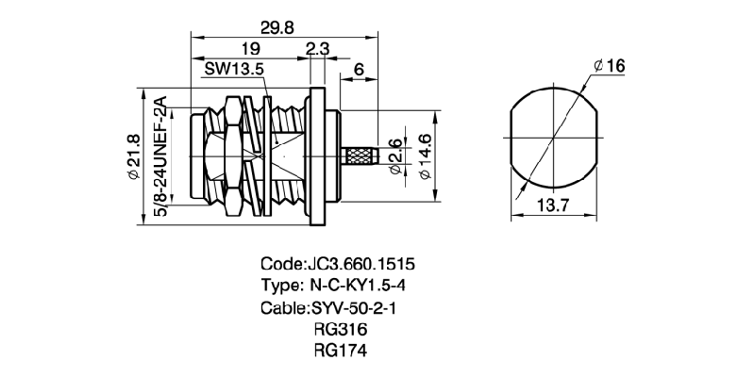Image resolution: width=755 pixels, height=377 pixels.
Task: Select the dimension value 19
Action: pyautogui.click(x=250, y=49)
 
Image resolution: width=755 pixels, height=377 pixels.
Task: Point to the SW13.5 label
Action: pyautogui.click(x=234, y=69)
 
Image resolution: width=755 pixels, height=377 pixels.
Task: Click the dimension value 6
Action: pyautogui.click(x=360, y=69)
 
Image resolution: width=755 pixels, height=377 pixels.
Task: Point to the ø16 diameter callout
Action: pyautogui.click(x=610, y=65)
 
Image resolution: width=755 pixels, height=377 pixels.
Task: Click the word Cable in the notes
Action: pyautogui.click(x=280, y=307)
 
